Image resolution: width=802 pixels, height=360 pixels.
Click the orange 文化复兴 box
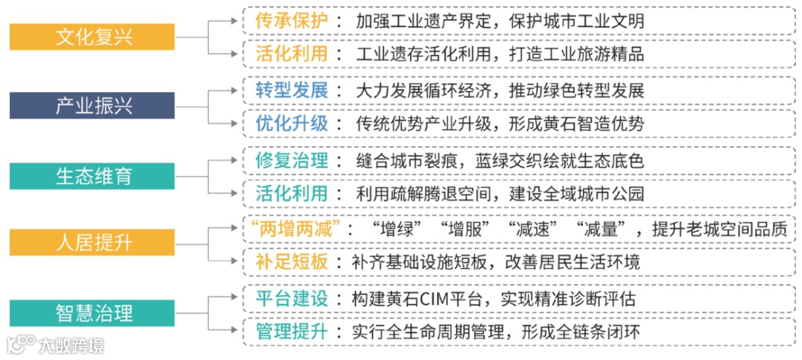(92, 36)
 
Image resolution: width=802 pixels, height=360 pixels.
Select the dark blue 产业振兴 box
(92, 105)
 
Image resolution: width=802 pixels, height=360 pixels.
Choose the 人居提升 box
(92, 242)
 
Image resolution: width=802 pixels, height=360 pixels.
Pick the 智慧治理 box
(92, 310)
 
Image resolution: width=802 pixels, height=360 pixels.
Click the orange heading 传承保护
(291, 20)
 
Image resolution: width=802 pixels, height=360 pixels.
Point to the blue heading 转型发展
(291, 90)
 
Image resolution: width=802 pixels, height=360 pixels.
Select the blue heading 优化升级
(291, 122)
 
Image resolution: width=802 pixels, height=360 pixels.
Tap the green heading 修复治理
(291, 160)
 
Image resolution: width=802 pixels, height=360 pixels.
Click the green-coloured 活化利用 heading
(291, 193)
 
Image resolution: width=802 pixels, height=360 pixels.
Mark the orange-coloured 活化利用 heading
(291, 53)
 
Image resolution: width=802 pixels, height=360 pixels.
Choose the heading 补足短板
(291, 261)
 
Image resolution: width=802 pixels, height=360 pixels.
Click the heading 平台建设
(291, 299)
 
